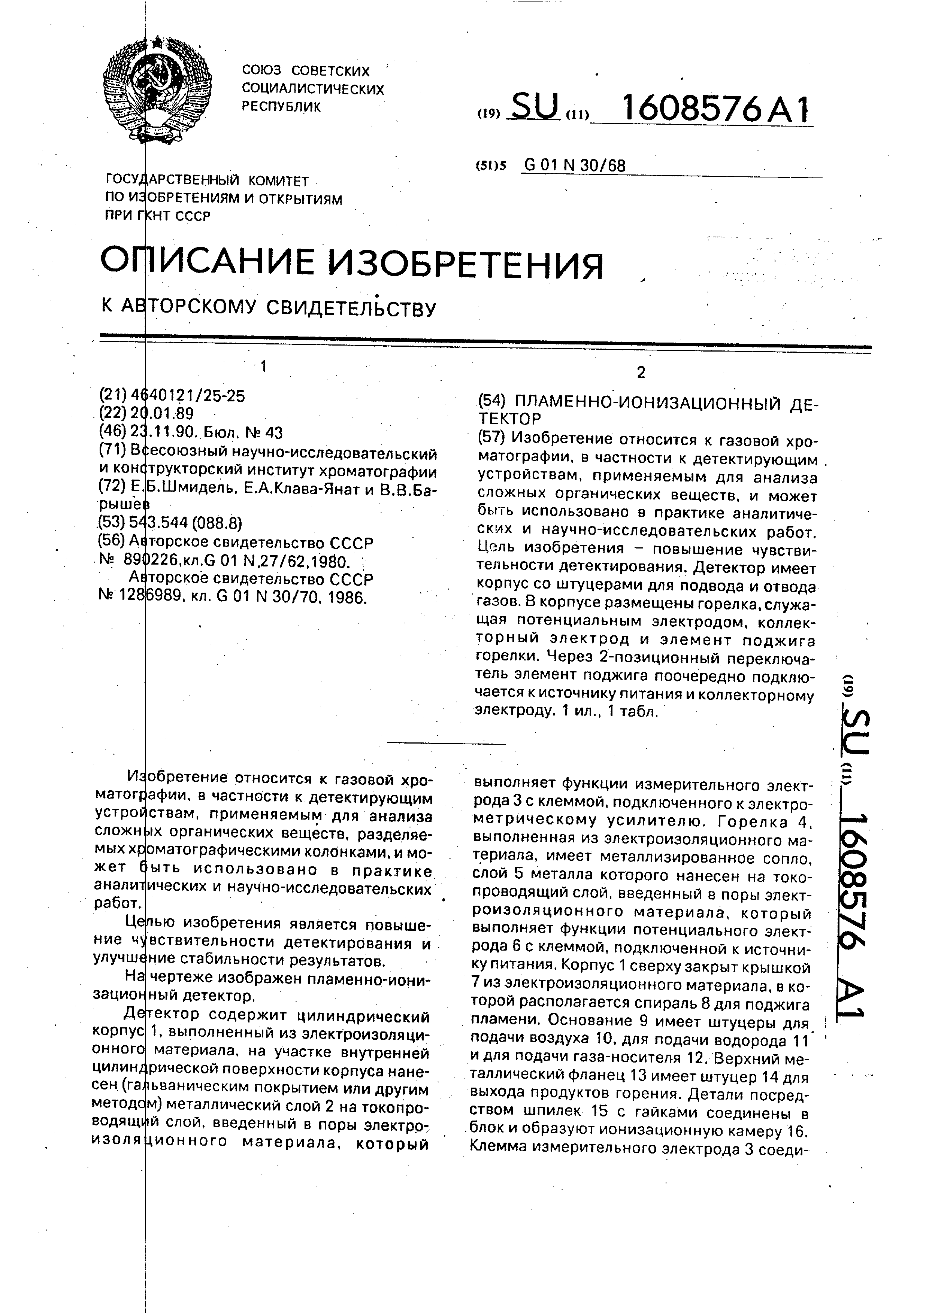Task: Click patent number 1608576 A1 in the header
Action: (x=715, y=109)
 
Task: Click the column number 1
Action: (x=264, y=367)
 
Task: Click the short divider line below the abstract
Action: (x=446, y=744)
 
